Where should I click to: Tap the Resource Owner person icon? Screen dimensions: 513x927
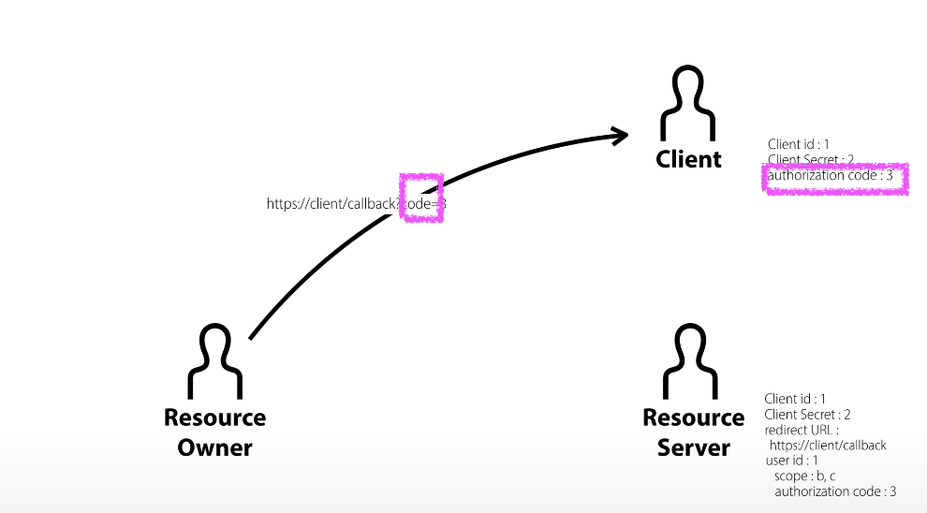pos(215,360)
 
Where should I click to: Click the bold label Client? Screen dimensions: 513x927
pos(688,159)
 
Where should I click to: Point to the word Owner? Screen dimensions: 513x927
pos(215,447)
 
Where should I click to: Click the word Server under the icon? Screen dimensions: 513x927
pos(694,447)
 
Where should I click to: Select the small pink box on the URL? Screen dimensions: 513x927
pos(420,198)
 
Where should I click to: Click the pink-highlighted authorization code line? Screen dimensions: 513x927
pos(836,176)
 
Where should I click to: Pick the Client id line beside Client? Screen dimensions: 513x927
pos(798,144)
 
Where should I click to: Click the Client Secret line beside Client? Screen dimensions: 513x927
pos(811,160)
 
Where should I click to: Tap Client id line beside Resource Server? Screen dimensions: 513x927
pos(795,399)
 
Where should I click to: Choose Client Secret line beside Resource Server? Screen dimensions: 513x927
pos(807,414)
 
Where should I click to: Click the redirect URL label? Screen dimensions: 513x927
pos(802,430)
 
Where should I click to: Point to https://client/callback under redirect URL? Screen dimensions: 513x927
pos(828,445)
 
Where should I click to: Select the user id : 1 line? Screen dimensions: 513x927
pos(792,461)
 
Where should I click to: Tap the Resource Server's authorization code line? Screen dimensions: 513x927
pos(835,491)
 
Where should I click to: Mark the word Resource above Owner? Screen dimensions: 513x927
pos(214,418)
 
